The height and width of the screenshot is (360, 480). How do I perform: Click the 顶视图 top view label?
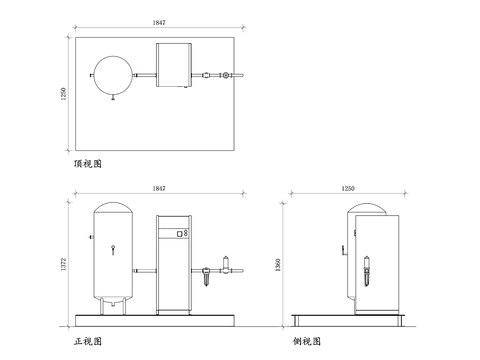[89, 162]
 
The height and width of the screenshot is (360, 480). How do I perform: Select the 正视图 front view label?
[88, 342]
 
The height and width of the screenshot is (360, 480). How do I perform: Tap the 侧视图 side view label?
[308, 342]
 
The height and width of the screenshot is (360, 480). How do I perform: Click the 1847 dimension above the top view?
[158, 21]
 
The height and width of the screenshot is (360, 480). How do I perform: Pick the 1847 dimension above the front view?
[158, 188]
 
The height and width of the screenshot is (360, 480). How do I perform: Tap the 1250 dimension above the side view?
[348, 188]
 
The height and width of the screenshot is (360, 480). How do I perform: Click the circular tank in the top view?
[112, 75]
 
